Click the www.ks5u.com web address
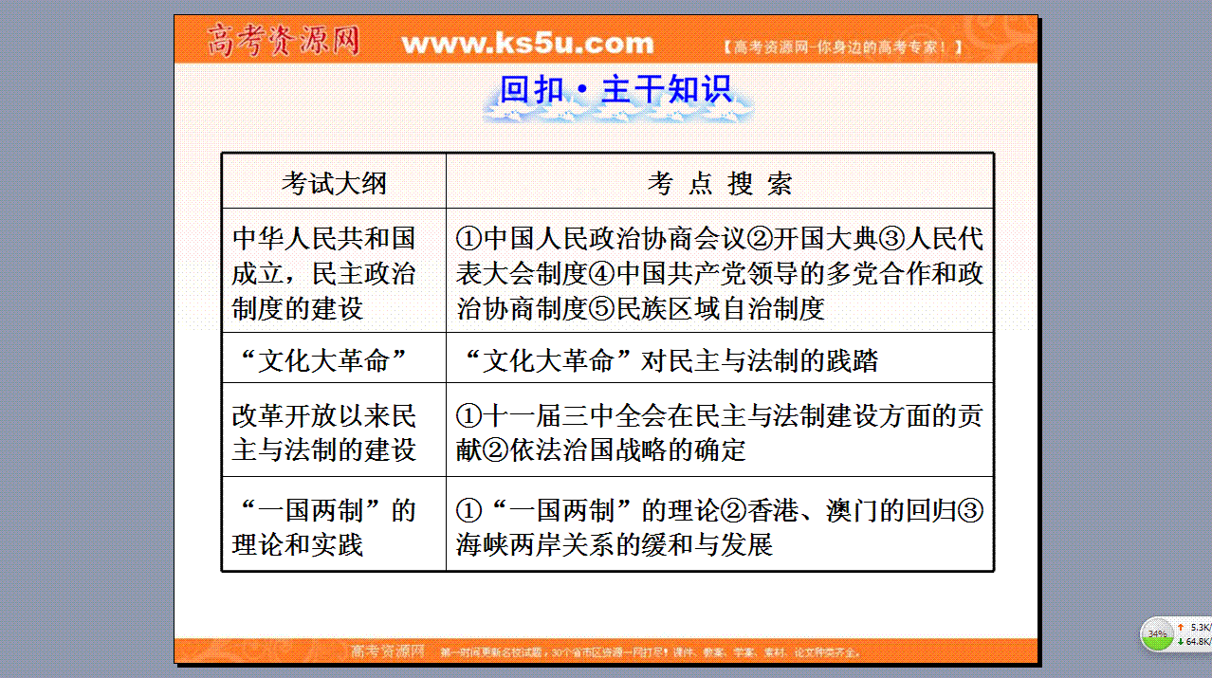tap(527, 44)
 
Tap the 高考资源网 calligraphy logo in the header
tap(284, 40)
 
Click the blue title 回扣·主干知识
tap(615, 89)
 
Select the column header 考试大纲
tap(334, 183)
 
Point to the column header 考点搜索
tap(720, 183)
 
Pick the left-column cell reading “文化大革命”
tap(323, 359)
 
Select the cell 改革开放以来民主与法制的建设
tap(323, 433)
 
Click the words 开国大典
tap(825, 239)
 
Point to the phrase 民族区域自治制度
tap(720, 309)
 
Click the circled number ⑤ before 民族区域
tap(601, 309)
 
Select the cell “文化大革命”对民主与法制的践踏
tap(670, 359)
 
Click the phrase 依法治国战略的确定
tap(628, 449)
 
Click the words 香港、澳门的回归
tap(851, 510)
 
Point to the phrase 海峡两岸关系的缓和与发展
tap(615, 544)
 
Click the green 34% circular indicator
tap(1157, 633)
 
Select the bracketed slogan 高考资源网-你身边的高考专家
tap(842, 47)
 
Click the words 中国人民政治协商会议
tap(615, 239)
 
